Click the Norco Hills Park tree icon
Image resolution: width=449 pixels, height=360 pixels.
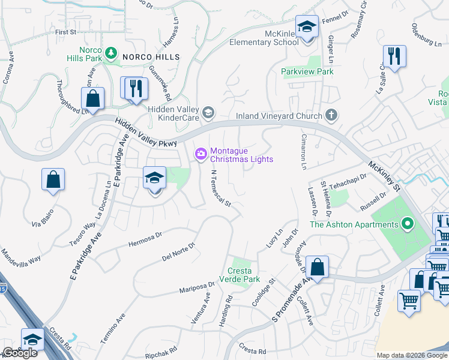pos(110,53)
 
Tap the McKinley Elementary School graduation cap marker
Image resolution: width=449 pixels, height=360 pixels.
pos(307,28)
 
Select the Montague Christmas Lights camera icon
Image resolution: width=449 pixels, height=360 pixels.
pos(200,154)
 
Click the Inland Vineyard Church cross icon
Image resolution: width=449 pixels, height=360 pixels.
pos(331,115)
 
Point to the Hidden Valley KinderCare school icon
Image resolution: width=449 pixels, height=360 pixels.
pos(208,112)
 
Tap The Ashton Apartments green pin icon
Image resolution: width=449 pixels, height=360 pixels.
pos(408,224)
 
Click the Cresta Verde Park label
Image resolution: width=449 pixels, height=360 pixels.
pos(243,275)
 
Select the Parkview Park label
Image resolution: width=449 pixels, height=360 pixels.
pos(307,71)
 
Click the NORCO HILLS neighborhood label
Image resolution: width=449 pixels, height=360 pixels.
pos(151,56)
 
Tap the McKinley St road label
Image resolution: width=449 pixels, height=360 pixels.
pos(384,175)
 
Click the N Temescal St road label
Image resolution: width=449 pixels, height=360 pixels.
pos(220,187)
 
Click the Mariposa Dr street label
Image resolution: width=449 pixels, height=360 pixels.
pos(197,287)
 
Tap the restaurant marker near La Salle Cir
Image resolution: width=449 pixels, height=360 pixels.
pos(394,56)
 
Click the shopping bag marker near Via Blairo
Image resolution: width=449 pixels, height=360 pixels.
pos(53,179)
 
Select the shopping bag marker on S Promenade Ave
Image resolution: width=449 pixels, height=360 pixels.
pos(317,267)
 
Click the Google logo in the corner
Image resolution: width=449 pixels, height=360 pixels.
pos(20,353)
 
